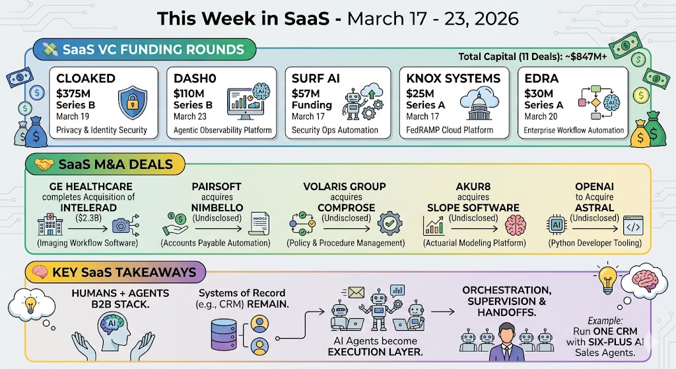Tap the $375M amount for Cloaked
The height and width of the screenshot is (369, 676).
point(76,93)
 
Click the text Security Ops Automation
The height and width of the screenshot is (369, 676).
point(335,130)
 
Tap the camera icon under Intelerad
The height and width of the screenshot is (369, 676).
point(122,226)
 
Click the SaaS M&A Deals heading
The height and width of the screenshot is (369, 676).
point(107,165)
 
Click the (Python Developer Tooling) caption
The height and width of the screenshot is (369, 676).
point(595,243)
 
